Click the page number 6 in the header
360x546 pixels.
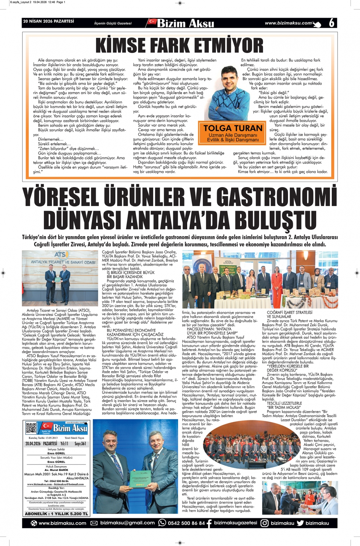click(332, 23)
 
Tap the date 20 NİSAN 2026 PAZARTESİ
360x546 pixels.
click(49, 22)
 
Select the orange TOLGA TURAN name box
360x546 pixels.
click(233, 133)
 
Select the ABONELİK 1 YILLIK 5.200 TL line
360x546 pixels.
click(56, 514)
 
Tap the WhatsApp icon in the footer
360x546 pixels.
click(162, 523)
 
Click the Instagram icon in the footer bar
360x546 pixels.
click(265, 523)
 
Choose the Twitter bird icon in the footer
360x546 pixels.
click(300, 523)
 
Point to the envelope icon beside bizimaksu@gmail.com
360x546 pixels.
click(94, 523)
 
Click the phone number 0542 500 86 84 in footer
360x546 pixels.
click(186, 523)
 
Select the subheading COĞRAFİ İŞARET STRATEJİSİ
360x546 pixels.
click(290, 313)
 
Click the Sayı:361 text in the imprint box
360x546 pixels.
click(80, 444)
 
